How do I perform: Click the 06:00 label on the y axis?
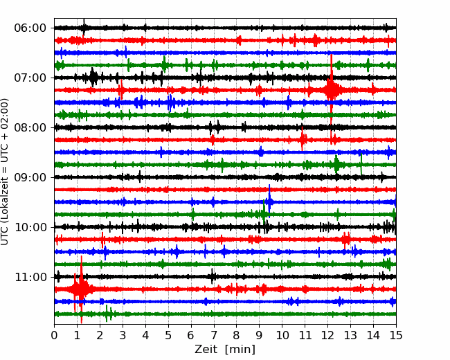(30, 28)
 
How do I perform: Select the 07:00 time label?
(30, 78)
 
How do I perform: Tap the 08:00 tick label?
(30, 127)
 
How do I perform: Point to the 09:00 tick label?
(30, 177)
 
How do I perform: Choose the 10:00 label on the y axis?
(30, 227)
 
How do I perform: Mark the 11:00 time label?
(30, 277)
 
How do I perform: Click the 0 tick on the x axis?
(54, 335)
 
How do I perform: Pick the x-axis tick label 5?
(168, 335)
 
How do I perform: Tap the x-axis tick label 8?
(237, 335)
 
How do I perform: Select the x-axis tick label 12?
(327, 335)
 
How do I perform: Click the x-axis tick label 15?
(396, 335)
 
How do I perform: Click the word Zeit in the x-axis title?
(206, 349)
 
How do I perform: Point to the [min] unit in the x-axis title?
(240, 350)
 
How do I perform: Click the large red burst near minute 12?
(331, 90)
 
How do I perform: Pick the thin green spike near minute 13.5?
(361, 164)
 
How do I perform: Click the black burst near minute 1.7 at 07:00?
(93, 78)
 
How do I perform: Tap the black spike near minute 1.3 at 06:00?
(84, 28)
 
